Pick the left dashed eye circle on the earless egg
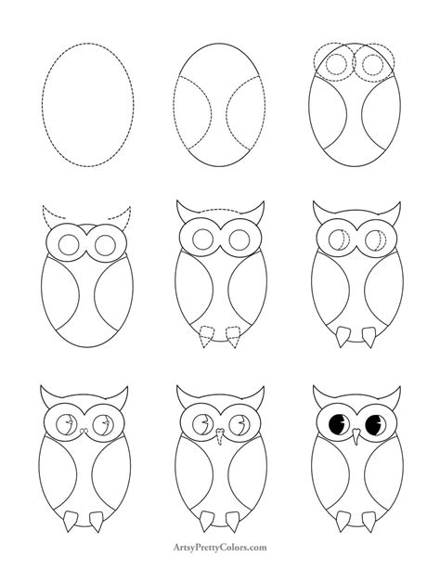pyautogui.click(x=337, y=65)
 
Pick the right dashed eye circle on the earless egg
pyautogui.click(x=373, y=65)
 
